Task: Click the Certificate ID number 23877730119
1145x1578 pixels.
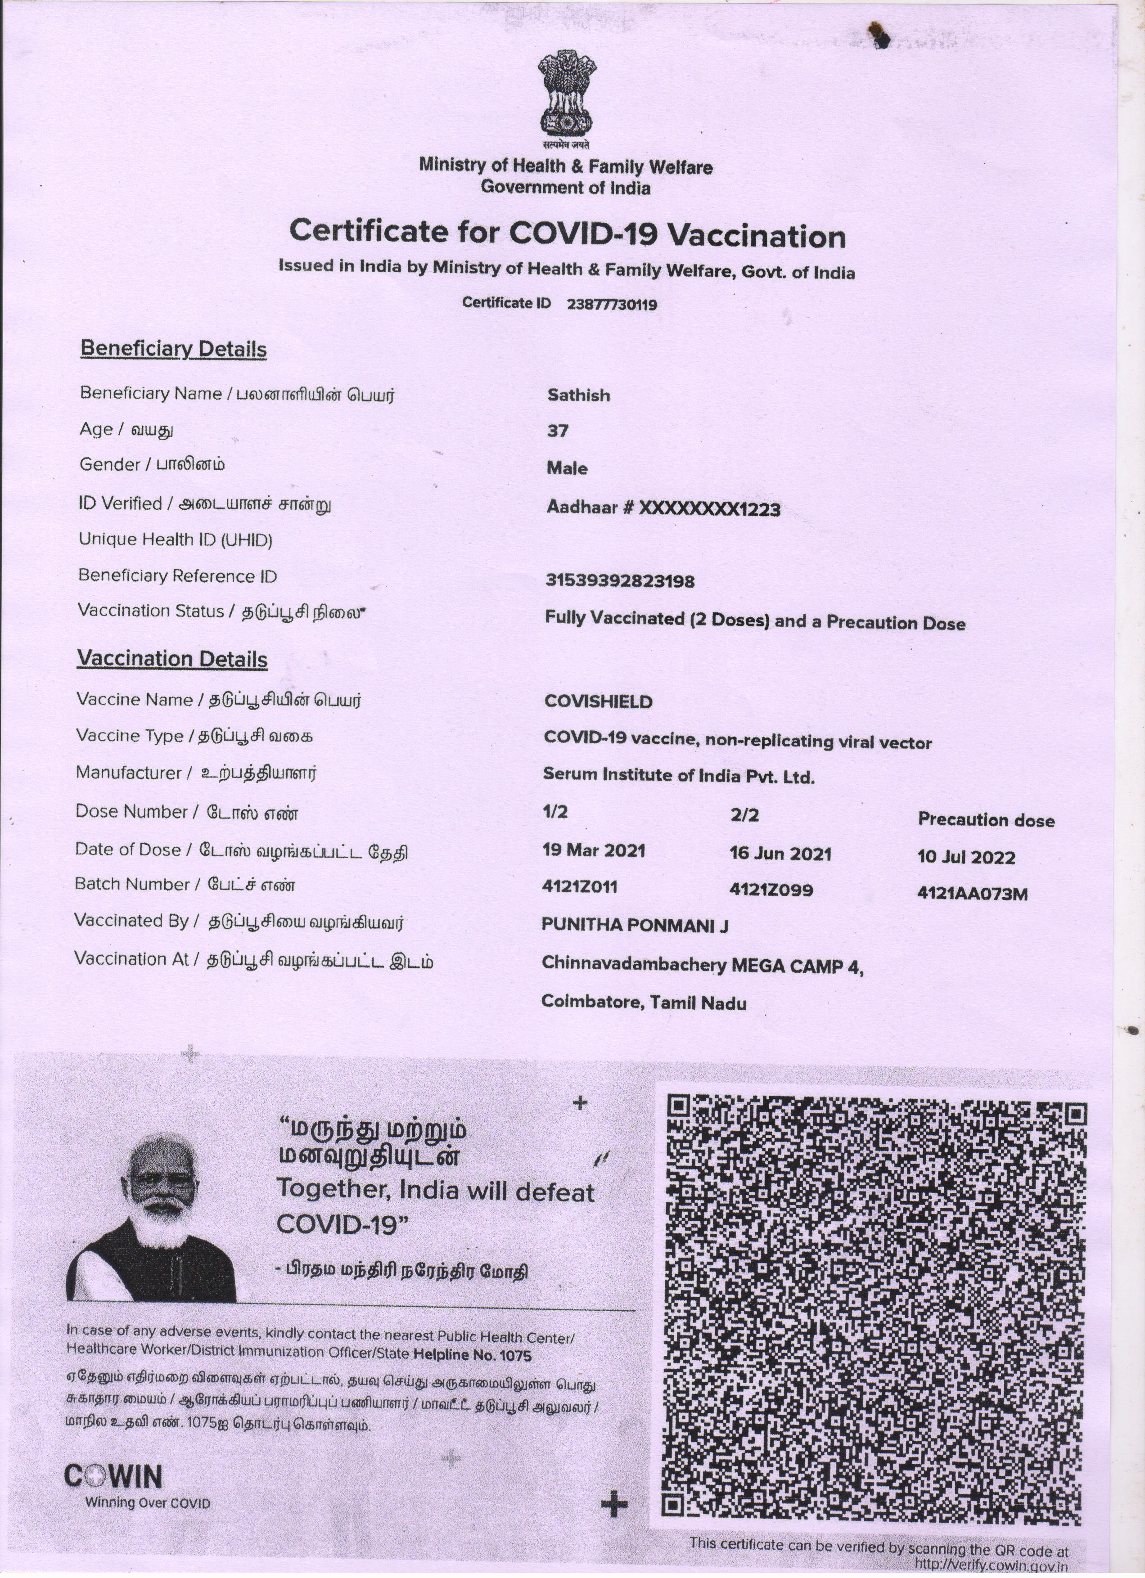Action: pyautogui.click(x=612, y=305)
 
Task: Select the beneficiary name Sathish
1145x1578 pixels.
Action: pyautogui.click(x=578, y=395)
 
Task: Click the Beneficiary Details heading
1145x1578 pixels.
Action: pyautogui.click(x=173, y=349)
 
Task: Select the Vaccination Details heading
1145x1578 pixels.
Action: pyautogui.click(x=172, y=658)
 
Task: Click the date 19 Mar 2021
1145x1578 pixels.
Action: pyautogui.click(x=594, y=850)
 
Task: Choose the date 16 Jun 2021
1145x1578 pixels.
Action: pyautogui.click(x=780, y=854)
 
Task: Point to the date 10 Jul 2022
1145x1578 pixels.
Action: pyautogui.click(x=966, y=857)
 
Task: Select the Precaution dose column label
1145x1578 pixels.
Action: pyautogui.click(x=986, y=820)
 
